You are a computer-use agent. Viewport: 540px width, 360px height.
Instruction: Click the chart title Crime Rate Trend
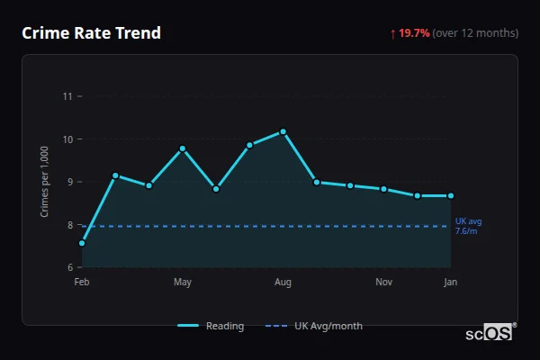(x=91, y=33)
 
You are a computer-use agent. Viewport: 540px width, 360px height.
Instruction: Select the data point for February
(x=82, y=243)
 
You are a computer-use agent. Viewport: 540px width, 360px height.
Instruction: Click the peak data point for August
(x=283, y=131)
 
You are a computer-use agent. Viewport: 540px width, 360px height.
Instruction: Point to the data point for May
(x=183, y=148)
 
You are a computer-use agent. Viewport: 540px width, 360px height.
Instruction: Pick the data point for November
(x=384, y=189)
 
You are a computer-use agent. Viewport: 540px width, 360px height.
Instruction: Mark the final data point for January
(x=451, y=195)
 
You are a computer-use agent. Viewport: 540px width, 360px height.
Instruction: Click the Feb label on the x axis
(x=82, y=283)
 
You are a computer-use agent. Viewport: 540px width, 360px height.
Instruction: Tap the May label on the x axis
(x=183, y=283)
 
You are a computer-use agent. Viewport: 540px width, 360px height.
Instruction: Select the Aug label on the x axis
(x=283, y=283)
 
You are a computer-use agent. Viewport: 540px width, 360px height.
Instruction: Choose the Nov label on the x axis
(x=384, y=283)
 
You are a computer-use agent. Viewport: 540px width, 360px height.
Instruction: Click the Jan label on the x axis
(x=451, y=283)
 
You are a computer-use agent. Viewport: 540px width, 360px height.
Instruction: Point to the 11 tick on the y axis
(x=67, y=96)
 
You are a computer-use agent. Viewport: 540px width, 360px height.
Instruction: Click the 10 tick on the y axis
(x=67, y=139)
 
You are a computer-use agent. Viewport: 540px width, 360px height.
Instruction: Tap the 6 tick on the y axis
(x=68, y=267)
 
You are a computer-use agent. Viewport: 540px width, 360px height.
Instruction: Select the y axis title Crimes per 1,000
(x=45, y=182)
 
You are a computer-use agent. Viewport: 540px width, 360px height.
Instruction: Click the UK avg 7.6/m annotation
(x=469, y=226)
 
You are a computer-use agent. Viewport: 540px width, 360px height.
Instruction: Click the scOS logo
(x=490, y=332)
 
